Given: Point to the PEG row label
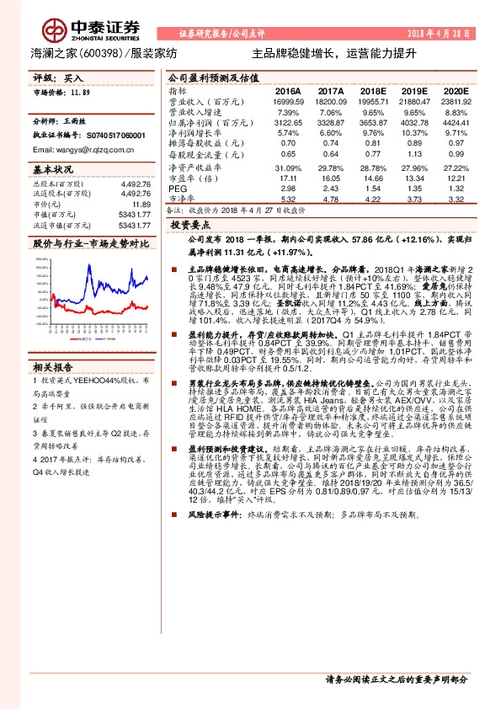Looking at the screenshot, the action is (x=177, y=189).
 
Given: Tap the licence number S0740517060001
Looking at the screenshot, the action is (x=101, y=135).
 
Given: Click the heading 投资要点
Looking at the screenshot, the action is (x=189, y=227).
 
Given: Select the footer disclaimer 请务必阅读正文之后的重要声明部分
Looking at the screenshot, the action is (x=396, y=679).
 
